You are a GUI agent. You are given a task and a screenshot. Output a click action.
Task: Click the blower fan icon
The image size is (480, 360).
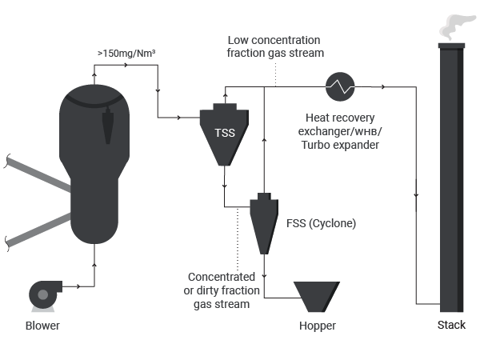click(x=45, y=295)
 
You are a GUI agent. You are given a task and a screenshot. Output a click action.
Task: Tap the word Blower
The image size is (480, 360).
click(x=42, y=326)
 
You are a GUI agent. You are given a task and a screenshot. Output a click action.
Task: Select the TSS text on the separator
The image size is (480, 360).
click(x=225, y=133)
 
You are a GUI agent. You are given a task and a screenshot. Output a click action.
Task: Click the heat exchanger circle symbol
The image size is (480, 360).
click(x=340, y=87)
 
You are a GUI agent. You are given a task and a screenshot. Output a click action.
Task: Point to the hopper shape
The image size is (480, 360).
click(x=317, y=297)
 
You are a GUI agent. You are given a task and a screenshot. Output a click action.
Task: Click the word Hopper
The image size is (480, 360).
click(x=318, y=326)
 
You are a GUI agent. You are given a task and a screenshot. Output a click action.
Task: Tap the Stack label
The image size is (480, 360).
click(x=451, y=325)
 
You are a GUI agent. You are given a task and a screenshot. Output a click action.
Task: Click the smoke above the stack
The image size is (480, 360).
click(x=456, y=27)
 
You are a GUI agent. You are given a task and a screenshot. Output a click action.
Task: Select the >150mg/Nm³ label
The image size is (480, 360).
click(x=126, y=54)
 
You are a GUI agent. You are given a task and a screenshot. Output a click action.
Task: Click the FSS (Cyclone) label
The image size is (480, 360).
click(x=321, y=223)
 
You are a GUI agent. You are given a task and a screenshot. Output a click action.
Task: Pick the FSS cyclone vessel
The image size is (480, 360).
click(x=264, y=223)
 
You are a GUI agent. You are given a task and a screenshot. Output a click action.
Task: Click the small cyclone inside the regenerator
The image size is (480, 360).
click(x=108, y=126)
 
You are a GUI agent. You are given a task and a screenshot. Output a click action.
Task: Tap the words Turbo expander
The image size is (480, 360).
click(x=340, y=145)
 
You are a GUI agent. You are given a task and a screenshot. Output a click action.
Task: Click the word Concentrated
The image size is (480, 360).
click(x=222, y=277)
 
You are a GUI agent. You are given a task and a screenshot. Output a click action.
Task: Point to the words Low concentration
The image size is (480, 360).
click(x=274, y=40)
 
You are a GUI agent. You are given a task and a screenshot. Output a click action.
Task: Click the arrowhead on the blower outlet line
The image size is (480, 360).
click(x=78, y=286)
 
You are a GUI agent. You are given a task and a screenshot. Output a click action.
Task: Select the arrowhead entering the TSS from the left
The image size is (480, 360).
click(x=179, y=118)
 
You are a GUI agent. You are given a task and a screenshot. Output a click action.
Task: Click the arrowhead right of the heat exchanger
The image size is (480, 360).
click(x=382, y=87)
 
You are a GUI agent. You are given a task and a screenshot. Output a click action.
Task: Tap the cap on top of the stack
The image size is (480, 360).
click(x=451, y=46)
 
